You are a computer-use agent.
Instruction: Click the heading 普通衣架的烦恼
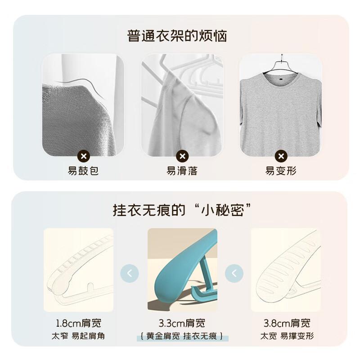177,36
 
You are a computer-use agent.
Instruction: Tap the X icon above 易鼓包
84,156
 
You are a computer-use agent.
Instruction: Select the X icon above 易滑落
182,156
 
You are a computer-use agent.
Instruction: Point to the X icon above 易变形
281,156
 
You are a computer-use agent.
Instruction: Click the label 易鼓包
83,171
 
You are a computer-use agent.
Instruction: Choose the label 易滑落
182,171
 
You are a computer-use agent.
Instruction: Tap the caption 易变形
281,171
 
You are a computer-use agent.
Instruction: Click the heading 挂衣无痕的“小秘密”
181,210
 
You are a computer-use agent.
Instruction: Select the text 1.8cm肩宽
78,323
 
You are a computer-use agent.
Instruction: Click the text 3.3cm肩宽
182,323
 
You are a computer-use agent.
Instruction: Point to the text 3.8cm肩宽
287,323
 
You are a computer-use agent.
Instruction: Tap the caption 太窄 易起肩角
78,336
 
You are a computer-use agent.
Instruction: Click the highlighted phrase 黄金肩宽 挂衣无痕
182,336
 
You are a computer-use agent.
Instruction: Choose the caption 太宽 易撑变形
287,336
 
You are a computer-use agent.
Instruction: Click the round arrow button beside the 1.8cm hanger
130,273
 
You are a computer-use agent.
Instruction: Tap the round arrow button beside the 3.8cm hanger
234,273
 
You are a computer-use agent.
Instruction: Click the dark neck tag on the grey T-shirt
281,79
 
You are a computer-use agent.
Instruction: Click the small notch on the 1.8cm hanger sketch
90,286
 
